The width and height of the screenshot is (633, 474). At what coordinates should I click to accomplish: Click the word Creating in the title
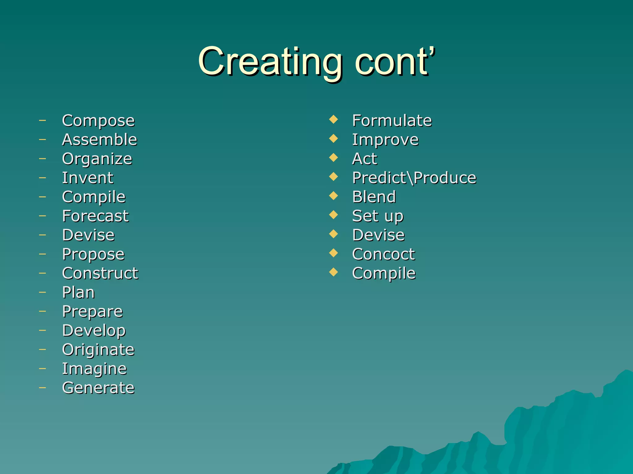tap(270, 62)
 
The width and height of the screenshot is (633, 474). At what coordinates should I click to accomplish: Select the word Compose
tap(98, 121)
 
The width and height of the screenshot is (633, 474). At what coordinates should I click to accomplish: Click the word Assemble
tap(100, 139)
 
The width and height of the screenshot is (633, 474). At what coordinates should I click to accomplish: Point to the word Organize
tap(97, 159)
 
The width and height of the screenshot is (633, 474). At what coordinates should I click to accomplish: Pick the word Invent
tap(88, 178)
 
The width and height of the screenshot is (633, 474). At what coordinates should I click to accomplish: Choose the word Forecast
tap(95, 216)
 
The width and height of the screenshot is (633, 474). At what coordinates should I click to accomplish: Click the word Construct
tap(100, 273)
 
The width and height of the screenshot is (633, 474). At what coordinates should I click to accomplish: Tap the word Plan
tap(78, 293)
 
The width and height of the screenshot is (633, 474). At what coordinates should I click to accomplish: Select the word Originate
tap(98, 350)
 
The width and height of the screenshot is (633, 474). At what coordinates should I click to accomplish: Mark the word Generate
tap(98, 388)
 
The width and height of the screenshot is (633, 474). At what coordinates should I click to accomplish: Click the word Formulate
tap(392, 120)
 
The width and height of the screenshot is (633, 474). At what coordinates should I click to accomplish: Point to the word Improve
tap(385, 140)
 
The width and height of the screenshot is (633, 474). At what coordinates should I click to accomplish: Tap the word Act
tap(365, 159)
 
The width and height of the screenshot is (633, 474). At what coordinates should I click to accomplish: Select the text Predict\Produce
tap(414, 178)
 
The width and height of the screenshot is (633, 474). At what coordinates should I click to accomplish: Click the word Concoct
tap(384, 254)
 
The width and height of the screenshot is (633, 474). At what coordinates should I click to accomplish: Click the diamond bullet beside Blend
tap(333, 196)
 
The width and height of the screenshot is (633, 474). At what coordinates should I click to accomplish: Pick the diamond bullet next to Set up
tap(333, 214)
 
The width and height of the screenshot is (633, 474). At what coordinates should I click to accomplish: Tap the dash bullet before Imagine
tap(42, 368)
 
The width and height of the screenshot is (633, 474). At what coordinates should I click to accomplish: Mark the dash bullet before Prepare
tap(42, 311)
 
